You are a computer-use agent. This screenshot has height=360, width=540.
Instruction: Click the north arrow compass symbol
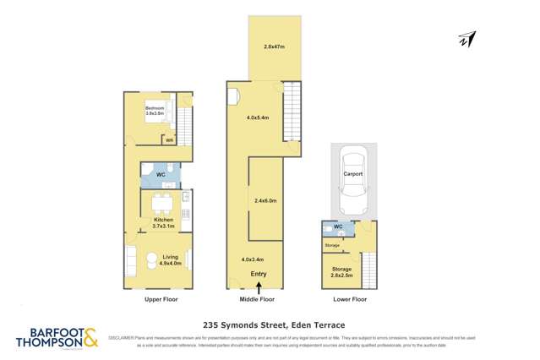[x=466, y=38]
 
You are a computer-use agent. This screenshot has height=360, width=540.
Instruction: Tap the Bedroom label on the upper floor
[x=154, y=111]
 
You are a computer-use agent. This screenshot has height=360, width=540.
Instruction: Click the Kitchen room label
[x=163, y=223]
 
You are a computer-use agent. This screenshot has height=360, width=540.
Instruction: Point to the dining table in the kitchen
[x=161, y=204]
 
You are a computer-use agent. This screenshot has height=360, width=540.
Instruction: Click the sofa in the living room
[x=131, y=256]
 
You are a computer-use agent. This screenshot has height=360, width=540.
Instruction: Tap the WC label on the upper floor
[x=159, y=176]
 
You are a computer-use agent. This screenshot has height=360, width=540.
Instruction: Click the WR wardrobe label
[x=169, y=139]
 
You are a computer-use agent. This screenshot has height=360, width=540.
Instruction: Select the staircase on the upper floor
[x=186, y=123]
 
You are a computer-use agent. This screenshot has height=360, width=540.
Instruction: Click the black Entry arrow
[x=259, y=287]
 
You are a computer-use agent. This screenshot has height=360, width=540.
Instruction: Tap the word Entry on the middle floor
[x=259, y=275]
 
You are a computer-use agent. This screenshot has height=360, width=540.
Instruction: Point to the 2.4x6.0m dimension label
[x=265, y=200]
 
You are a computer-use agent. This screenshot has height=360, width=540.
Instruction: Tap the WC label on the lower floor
[x=338, y=226]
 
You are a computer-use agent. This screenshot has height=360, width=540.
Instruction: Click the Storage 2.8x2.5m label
[x=342, y=271]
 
